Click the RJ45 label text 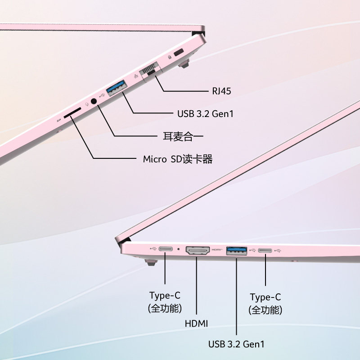pos(222,91)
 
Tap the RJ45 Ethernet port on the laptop pos(150,72)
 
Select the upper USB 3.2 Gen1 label pos(205,113)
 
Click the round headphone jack pos(94,101)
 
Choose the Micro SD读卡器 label pos(177,159)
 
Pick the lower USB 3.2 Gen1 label pos(236,344)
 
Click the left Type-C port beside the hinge pos(165,249)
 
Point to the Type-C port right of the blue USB pos(265,250)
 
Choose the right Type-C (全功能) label pos(265,303)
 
